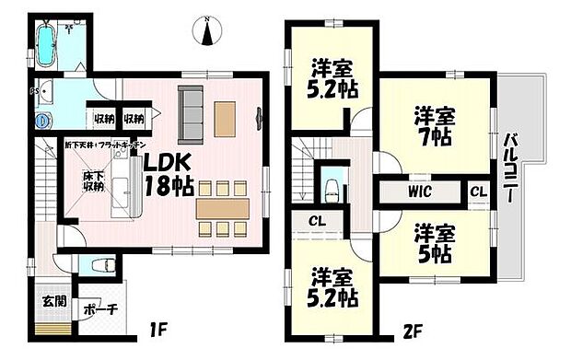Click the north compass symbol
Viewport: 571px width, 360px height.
point(208,31)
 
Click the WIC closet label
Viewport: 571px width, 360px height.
point(420,192)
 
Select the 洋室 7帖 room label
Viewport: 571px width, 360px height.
point(430,127)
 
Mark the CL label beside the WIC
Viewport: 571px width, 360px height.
point(478,192)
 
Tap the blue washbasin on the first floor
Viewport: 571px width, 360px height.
point(41,120)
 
